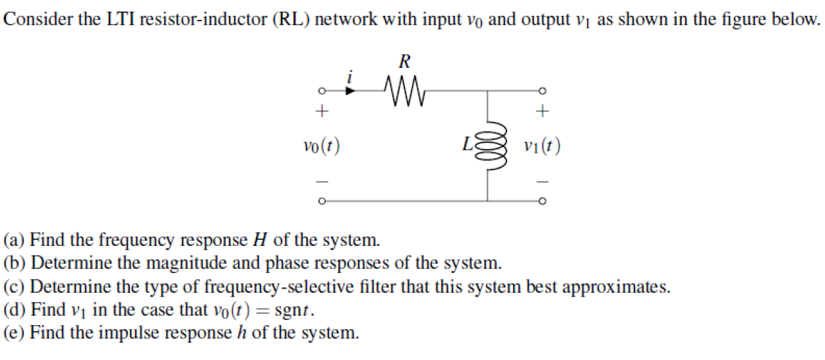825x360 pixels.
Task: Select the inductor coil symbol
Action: pos(488,146)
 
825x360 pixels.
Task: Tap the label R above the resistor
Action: pos(405,63)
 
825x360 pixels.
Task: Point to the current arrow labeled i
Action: pos(351,90)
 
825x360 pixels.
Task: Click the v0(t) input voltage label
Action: pos(321,146)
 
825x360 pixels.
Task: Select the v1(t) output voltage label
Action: pos(541,146)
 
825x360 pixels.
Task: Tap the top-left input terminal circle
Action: pos(321,91)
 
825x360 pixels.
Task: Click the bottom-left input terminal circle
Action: pos(321,200)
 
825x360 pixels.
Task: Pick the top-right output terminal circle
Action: pos(542,91)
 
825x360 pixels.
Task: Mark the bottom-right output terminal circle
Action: pos(542,200)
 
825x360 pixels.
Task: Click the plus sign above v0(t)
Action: pos(321,112)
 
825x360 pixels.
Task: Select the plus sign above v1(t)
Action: pos(542,112)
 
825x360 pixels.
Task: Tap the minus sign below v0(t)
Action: pos(321,179)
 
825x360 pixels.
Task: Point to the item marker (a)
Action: pos(15,239)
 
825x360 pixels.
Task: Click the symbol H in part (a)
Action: pos(259,239)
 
